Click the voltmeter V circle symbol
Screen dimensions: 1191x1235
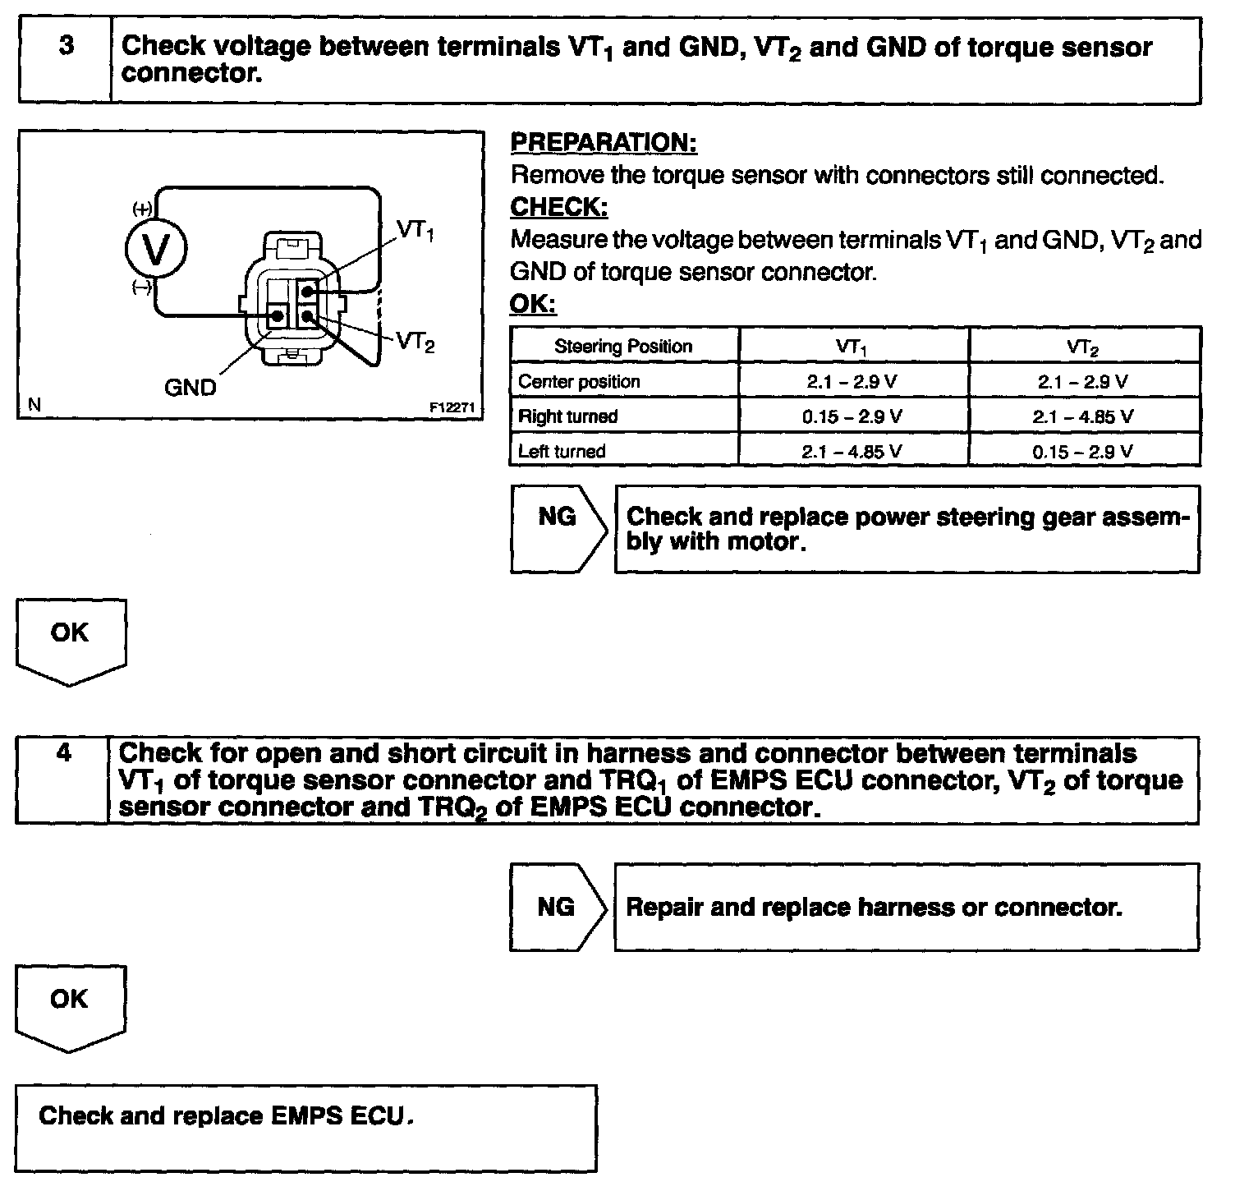pyautogui.click(x=156, y=246)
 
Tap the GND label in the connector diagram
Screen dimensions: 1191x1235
pyautogui.click(x=190, y=387)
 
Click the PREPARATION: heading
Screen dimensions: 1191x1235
pyautogui.click(x=604, y=142)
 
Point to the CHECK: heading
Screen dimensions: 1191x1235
pyautogui.click(x=558, y=207)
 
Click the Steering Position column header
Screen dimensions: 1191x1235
pyautogui.click(x=623, y=346)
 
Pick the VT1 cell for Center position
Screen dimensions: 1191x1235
pyautogui.click(x=852, y=381)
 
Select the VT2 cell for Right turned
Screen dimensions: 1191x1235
pyautogui.click(x=1083, y=416)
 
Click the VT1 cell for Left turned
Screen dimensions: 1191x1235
pyautogui.click(x=852, y=451)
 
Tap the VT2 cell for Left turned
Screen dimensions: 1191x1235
pyautogui.click(x=1083, y=451)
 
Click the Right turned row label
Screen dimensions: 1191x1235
pyautogui.click(x=567, y=416)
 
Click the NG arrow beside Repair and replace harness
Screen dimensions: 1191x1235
pyautogui.click(x=558, y=907)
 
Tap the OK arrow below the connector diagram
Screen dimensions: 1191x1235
pyautogui.click(x=71, y=639)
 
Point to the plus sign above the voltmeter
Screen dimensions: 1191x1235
pyautogui.click(x=141, y=209)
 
